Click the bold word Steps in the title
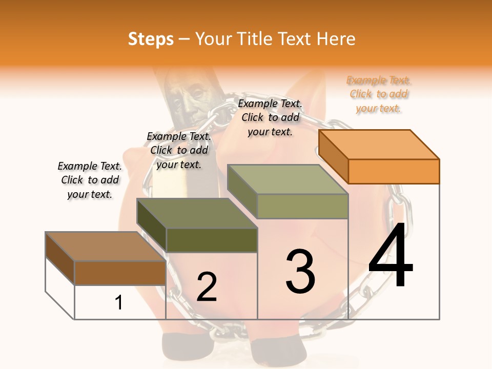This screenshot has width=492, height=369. pyautogui.click(x=151, y=39)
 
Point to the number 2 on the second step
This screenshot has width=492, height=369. pyautogui.click(x=207, y=286)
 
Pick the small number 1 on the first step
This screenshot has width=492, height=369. pyautogui.click(x=119, y=302)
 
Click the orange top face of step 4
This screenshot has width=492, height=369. pyautogui.click(x=379, y=144)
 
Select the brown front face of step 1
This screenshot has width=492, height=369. pyautogui.click(x=120, y=273)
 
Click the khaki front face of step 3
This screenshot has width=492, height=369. pyautogui.click(x=302, y=206)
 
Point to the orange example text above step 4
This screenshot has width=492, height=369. pyautogui.click(x=379, y=94)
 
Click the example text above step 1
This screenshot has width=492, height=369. pyautogui.click(x=90, y=180)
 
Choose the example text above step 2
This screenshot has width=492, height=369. pyautogui.click(x=179, y=150)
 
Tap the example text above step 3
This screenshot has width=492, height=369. pyautogui.click(x=270, y=117)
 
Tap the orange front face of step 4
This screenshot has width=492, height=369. pyautogui.click(x=394, y=171)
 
